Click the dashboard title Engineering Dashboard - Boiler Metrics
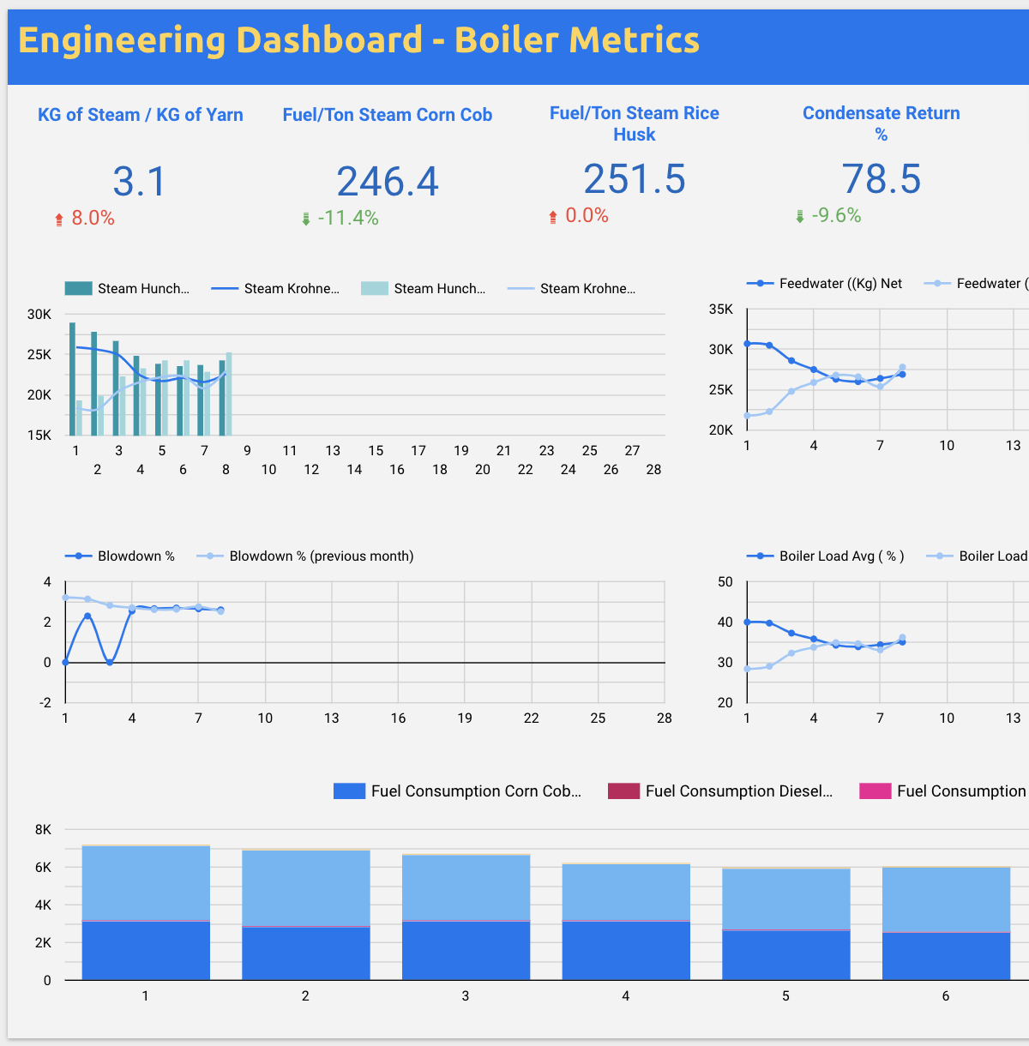pyautogui.click(x=358, y=40)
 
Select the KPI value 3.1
pyautogui.click(x=139, y=182)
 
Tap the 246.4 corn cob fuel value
pyautogui.click(x=387, y=182)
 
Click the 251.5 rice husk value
pyautogui.click(x=635, y=179)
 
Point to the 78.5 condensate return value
pyautogui.click(x=881, y=179)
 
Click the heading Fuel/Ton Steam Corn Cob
pyautogui.click(x=387, y=115)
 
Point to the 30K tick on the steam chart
pyautogui.click(x=39, y=315)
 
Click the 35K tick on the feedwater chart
pyautogui.click(x=720, y=310)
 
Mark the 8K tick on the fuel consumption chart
pyautogui.click(x=43, y=830)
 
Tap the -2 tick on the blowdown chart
pyautogui.click(x=45, y=703)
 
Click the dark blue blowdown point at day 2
pyautogui.click(x=87, y=616)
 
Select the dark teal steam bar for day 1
pyautogui.click(x=73, y=378)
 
